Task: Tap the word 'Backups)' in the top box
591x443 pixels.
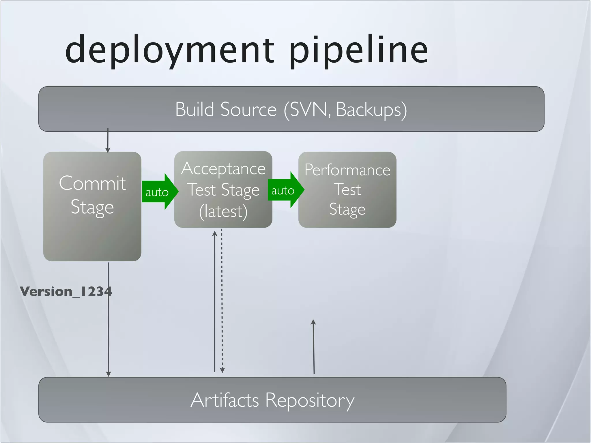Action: pyautogui.click(x=372, y=110)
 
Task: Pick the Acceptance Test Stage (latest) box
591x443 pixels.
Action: pyautogui.click(x=223, y=189)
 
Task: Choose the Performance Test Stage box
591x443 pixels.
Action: pyautogui.click(x=347, y=189)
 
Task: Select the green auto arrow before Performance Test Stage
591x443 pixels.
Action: pyautogui.click(x=285, y=190)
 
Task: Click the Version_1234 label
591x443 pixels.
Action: pyautogui.click(x=66, y=291)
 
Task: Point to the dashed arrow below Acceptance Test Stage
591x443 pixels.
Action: pyautogui.click(x=222, y=300)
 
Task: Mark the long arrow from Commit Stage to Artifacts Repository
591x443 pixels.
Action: pyautogui.click(x=108, y=332)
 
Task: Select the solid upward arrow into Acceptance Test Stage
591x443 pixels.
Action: pyautogui.click(x=215, y=300)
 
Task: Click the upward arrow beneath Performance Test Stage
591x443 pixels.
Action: pyautogui.click(x=314, y=346)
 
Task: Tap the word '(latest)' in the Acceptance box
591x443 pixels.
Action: pyautogui.click(x=223, y=211)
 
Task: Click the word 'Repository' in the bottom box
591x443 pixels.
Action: pyautogui.click(x=310, y=400)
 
